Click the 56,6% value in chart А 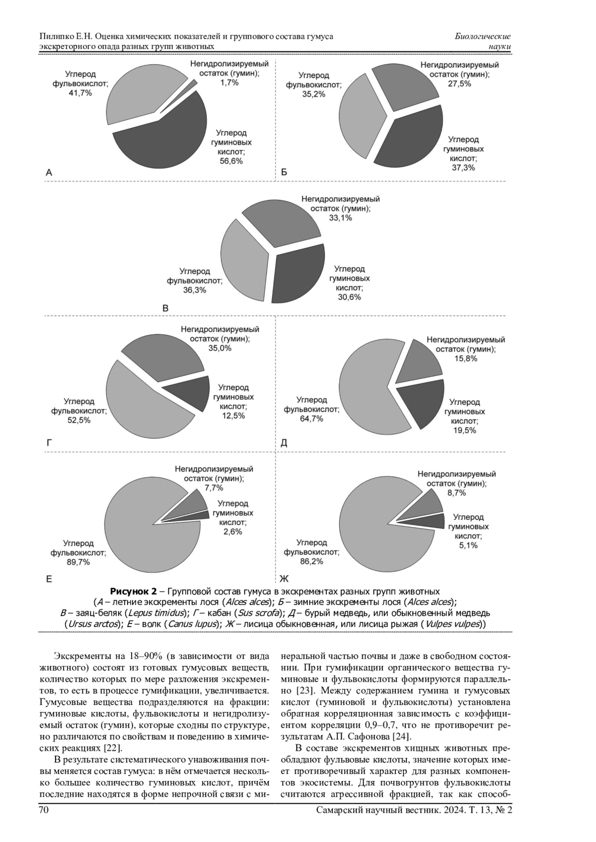point(231,161)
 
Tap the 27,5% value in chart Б point(459,84)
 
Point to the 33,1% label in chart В point(340,217)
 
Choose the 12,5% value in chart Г point(233,416)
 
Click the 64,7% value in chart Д point(311,419)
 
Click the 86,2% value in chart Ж point(311,561)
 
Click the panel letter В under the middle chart point(166,308)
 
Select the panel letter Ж point(284,579)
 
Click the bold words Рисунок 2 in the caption point(133,591)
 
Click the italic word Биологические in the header point(482,37)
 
